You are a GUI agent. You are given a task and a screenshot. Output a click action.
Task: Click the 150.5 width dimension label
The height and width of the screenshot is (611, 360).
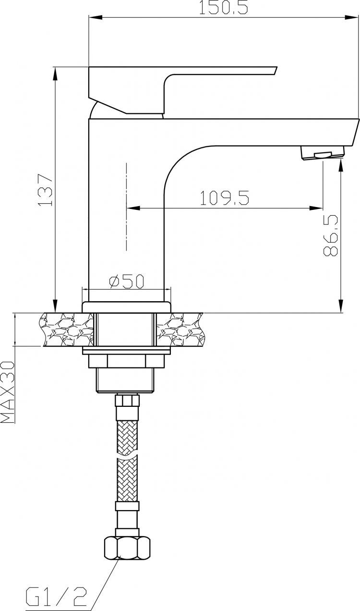(x=224, y=8)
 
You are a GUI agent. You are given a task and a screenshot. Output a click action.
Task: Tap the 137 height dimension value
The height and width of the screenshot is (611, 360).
(x=45, y=190)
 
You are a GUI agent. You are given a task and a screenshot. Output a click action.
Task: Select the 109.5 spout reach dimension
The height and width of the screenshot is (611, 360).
(x=225, y=198)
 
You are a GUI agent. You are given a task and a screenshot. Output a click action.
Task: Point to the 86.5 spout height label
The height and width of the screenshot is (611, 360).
(x=331, y=235)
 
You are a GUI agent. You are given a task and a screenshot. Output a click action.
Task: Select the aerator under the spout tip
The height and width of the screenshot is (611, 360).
(x=323, y=152)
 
